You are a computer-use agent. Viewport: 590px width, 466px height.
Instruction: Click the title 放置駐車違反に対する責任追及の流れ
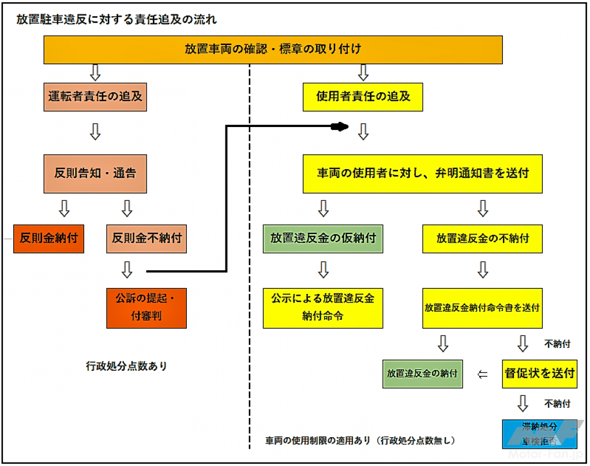pyautogui.click(x=117, y=20)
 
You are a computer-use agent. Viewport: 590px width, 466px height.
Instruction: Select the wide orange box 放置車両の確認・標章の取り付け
pyautogui.click(x=273, y=49)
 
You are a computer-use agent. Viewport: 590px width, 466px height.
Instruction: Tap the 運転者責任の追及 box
pyautogui.click(x=95, y=96)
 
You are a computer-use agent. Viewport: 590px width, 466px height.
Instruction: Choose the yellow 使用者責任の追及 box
pyautogui.click(x=363, y=96)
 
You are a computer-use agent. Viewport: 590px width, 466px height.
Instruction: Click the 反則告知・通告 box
pyautogui.click(x=95, y=173)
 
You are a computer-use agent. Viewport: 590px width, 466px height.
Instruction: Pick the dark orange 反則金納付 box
pyautogui.click(x=49, y=238)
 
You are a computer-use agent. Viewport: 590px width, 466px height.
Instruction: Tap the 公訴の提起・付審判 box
pyautogui.click(x=146, y=307)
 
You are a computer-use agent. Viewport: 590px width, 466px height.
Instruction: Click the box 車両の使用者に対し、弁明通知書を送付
pyautogui.click(x=423, y=173)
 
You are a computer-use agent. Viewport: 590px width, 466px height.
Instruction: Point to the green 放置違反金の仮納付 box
pyautogui.click(x=323, y=238)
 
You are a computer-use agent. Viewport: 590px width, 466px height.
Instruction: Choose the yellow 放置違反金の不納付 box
pyautogui.click(x=482, y=238)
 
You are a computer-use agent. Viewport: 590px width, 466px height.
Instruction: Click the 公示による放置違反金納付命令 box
pyautogui.click(x=323, y=307)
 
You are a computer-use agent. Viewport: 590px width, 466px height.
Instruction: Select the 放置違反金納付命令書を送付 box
pyautogui.click(x=482, y=308)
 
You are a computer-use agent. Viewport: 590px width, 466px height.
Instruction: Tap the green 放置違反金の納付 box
pyautogui.click(x=422, y=374)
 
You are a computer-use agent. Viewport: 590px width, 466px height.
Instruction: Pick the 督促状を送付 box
pyautogui.click(x=539, y=373)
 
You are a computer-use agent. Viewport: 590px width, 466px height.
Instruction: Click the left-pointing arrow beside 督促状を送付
pyautogui.click(x=483, y=374)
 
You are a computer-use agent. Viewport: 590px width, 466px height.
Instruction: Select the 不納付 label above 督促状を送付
pyautogui.click(x=557, y=344)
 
